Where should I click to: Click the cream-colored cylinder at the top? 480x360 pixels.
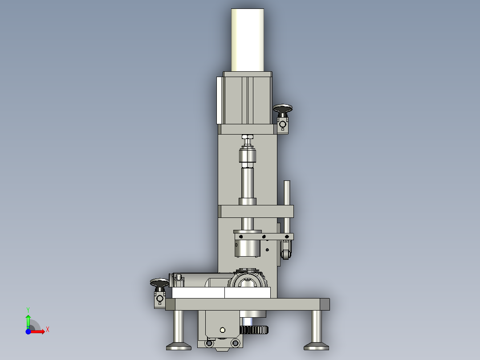[248, 40]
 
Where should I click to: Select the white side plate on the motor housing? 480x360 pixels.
[219, 100]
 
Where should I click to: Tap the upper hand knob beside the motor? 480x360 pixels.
[283, 108]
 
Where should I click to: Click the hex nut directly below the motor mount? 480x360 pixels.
[248, 137]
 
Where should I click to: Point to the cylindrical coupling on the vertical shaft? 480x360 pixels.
[248, 156]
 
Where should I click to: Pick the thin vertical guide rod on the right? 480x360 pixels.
[287, 205]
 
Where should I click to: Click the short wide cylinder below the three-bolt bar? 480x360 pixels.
[248, 247]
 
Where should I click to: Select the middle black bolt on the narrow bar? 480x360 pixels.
[264, 236]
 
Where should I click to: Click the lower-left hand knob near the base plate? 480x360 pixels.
[159, 282]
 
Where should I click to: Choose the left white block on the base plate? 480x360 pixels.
[198, 293]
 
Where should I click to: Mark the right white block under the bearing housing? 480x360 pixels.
[247, 293]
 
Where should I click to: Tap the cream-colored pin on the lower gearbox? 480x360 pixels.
[222, 330]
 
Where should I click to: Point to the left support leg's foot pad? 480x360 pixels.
[179, 346]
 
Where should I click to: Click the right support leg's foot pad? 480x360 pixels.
[317, 346]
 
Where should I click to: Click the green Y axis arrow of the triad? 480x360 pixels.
[28, 319]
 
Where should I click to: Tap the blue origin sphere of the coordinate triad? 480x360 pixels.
[28, 331]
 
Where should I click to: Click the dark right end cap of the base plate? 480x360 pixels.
[325, 304]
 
